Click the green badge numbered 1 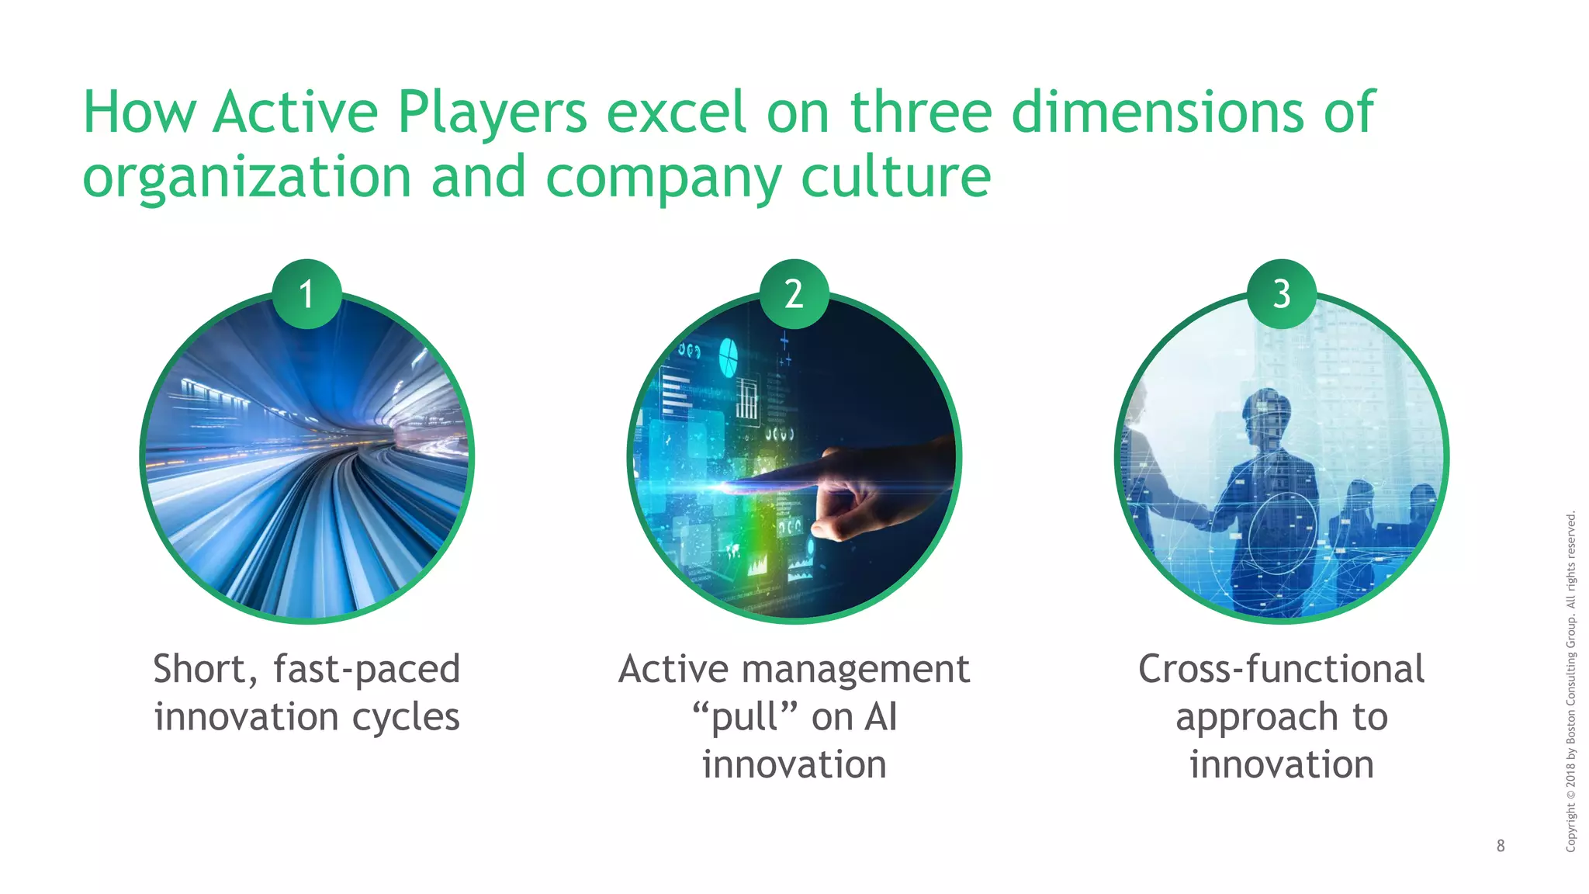click(306, 294)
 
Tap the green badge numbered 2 click(794, 294)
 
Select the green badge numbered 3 click(1281, 294)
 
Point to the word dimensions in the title click(1157, 113)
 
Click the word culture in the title click(895, 177)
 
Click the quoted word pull click(745, 716)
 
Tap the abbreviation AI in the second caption click(881, 716)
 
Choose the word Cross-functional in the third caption click(1281, 669)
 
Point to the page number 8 click(1501, 846)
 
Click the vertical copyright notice click(1570, 681)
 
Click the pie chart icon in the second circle click(728, 356)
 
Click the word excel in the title click(676, 113)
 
